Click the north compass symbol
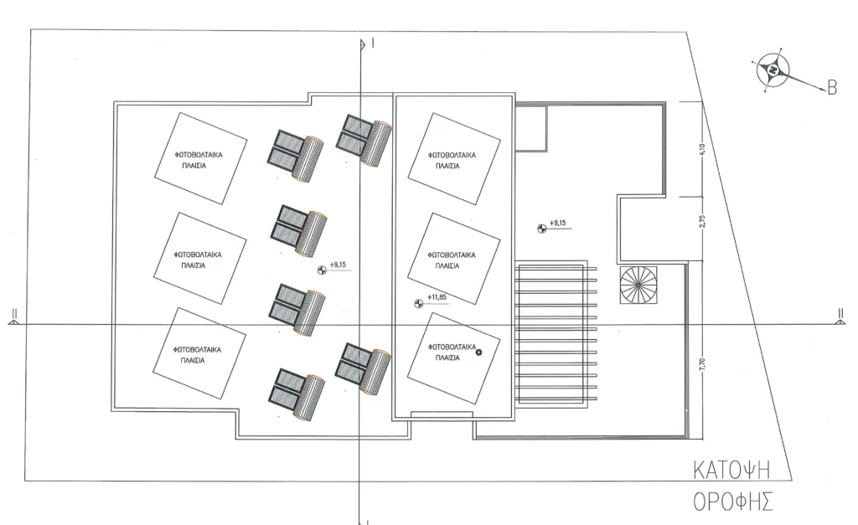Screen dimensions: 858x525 [x=773, y=70]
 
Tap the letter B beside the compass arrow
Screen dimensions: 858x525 [x=832, y=87]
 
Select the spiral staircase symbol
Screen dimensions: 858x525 [x=638, y=285]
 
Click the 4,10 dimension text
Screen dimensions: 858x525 [x=702, y=149]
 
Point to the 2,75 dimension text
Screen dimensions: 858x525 [x=702, y=222]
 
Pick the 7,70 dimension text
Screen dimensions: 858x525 [x=702, y=365]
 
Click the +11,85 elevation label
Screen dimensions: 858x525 [x=437, y=297]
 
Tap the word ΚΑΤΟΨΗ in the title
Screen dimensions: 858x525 [x=731, y=471]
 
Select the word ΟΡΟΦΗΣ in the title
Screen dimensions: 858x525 [x=732, y=501]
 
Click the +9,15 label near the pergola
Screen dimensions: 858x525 [x=557, y=223]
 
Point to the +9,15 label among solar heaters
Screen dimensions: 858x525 [x=339, y=265]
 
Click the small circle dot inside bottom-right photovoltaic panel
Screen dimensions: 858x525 [x=478, y=353]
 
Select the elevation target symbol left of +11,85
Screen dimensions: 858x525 [x=419, y=303]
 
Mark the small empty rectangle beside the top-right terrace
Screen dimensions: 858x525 [x=530, y=128]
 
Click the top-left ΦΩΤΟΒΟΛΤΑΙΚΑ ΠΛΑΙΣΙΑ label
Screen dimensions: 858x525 [x=199, y=160]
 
